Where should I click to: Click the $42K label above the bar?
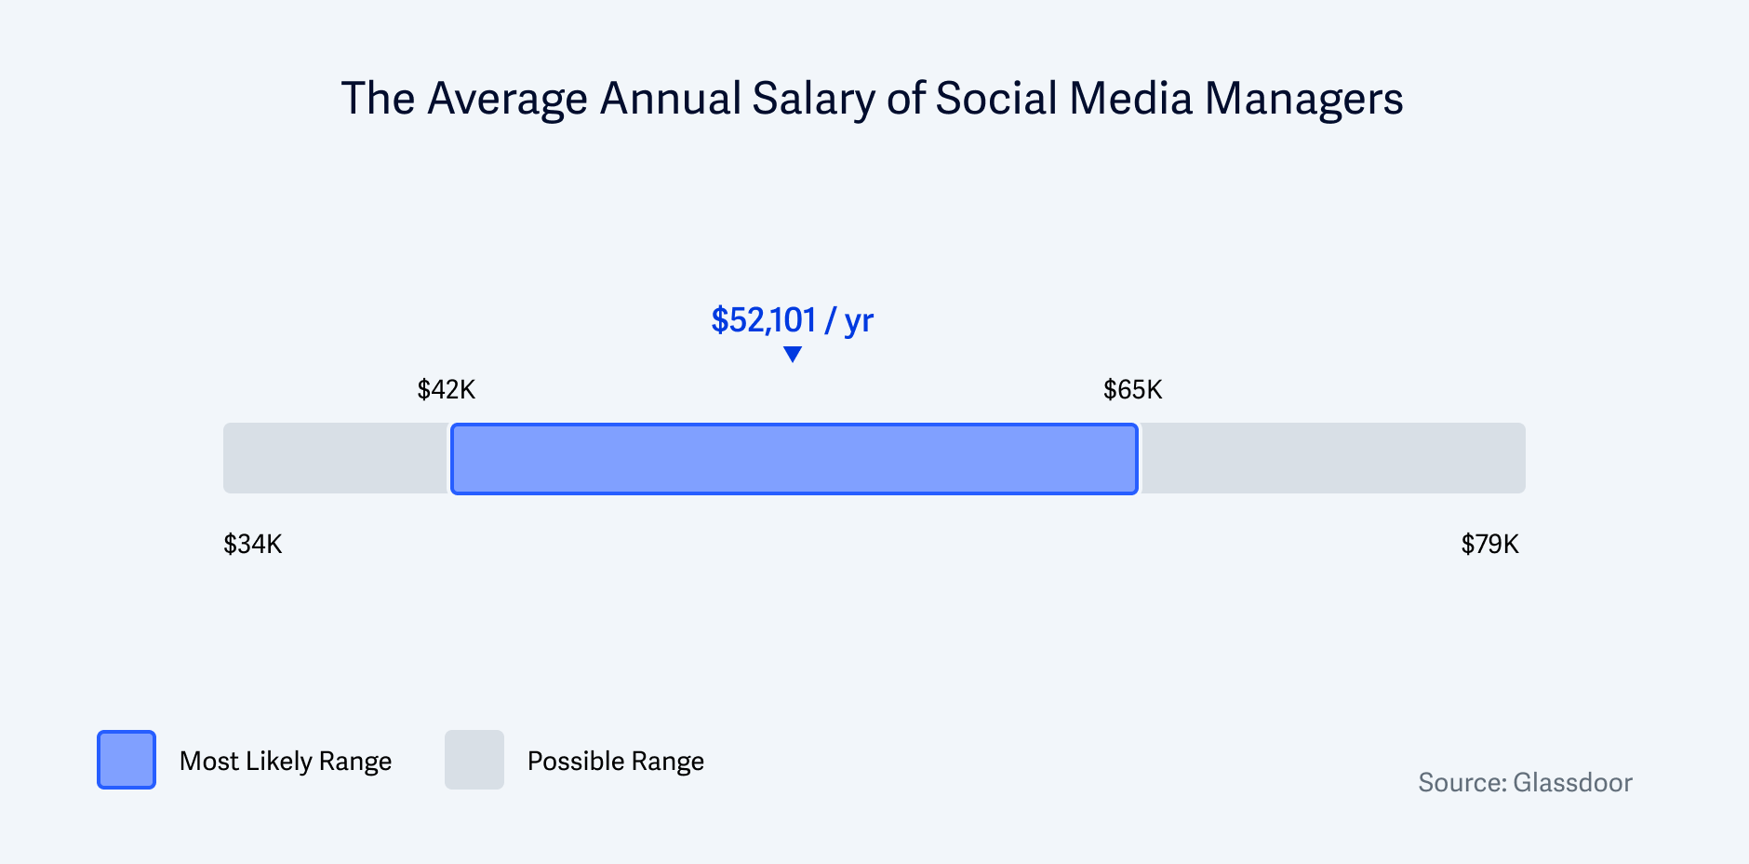[447, 389]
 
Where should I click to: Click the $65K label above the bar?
[1132, 389]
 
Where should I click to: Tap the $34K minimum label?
[252, 544]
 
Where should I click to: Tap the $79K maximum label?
[1489, 544]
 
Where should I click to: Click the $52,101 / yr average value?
[792, 320]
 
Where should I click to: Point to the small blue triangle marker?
[793, 354]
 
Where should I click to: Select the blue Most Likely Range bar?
[794, 459]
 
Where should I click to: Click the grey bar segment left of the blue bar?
[336, 459]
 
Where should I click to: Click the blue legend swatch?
[127, 760]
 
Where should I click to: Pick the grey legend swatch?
[474, 760]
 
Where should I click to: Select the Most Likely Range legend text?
[286, 762]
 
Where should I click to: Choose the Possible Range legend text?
[615, 762]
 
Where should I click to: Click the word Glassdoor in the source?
[1572, 782]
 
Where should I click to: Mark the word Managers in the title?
[1303, 99]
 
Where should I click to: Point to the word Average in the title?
[507, 100]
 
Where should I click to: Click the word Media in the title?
[1130, 99]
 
